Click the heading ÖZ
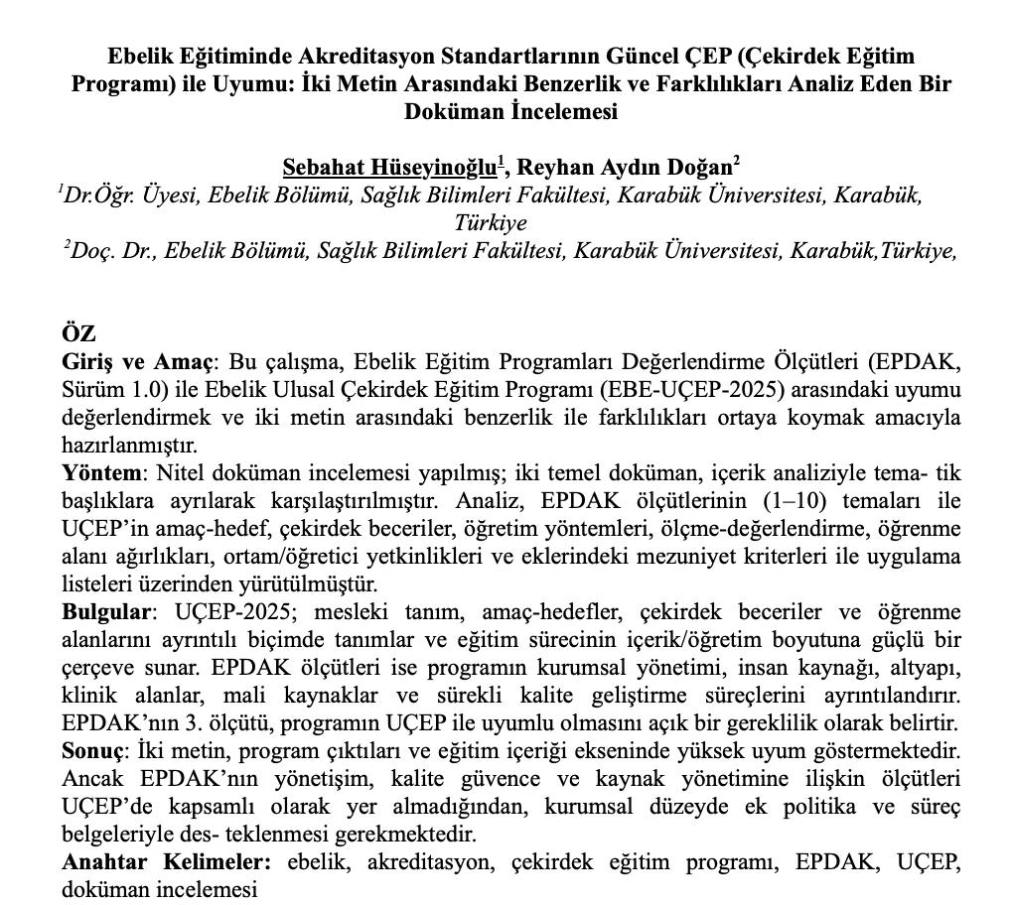point(78,333)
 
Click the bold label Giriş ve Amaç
point(137,362)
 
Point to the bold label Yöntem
point(103,473)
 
